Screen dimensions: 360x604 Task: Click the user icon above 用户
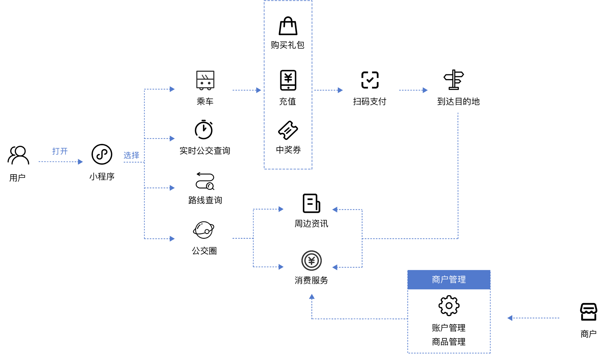pos(18,155)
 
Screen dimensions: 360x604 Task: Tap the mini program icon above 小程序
pos(102,154)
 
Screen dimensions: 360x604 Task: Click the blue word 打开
pos(60,151)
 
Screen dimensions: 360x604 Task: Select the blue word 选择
pos(131,155)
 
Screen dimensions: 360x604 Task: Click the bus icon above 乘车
pos(205,80)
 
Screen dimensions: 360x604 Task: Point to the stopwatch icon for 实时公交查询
pos(204,130)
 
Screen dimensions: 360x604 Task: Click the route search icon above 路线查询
pos(205,181)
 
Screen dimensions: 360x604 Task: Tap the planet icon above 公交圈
pos(204,230)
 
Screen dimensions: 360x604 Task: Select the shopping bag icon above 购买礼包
pos(288,26)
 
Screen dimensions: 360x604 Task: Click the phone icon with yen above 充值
pos(288,80)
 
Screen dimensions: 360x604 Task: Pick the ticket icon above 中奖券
pos(288,130)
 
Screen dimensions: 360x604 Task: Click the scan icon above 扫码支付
pos(370,80)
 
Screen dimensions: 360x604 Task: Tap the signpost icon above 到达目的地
pos(453,80)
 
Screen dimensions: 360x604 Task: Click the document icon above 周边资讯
pos(311,203)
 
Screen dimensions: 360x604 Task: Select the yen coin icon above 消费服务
pos(311,261)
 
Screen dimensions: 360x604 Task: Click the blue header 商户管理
pos(449,279)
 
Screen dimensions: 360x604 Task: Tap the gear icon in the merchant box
pos(449,305)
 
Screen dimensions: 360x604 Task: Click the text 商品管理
pos(449,342)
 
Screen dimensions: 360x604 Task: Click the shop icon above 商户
pos(588,312)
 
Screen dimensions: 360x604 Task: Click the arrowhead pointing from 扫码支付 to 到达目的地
pos(425,90)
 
